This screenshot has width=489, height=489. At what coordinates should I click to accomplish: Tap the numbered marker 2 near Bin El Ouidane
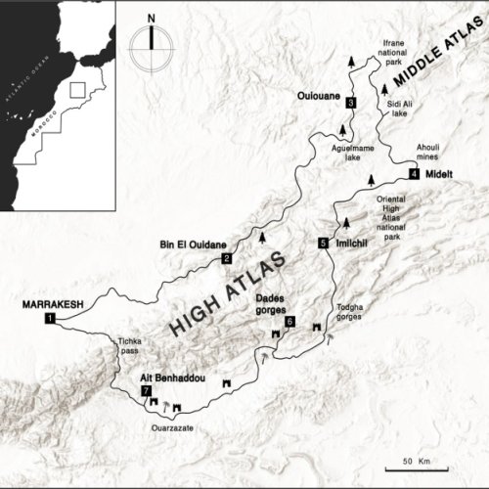point(226,258)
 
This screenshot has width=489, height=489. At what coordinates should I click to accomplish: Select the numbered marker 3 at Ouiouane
point(349,102)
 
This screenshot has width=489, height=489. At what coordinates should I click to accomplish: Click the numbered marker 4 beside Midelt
point(414,174)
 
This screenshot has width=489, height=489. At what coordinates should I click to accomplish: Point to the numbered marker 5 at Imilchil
point(323,242)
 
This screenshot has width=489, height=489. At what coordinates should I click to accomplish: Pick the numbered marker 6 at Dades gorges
point(289,322)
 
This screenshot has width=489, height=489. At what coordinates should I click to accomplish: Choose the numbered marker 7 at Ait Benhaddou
point(146,391)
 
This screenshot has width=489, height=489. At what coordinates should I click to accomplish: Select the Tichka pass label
point(130,347)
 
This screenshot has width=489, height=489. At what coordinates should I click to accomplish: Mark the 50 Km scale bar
point(422,460)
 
